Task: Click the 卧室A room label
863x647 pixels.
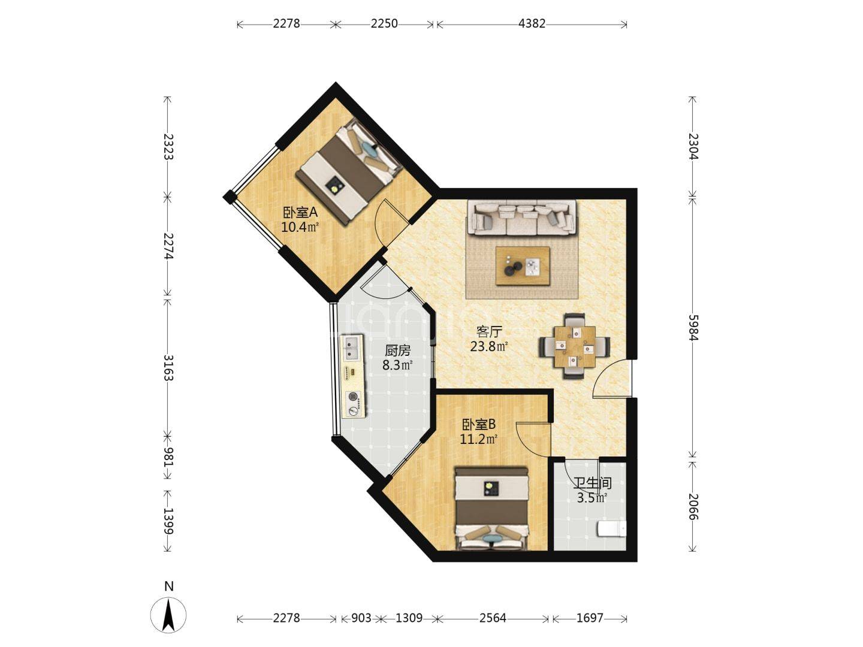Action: (x=300, y=213)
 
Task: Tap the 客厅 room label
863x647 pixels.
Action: (x=488, y=332)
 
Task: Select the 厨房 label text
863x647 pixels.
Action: (x=397, y=350)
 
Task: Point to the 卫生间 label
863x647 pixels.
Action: (x=592, y=483)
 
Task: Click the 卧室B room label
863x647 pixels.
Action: (x=478, y=424)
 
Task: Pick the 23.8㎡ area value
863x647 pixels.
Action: (x=488, y=346)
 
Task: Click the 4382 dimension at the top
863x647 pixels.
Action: (x=532, y=24)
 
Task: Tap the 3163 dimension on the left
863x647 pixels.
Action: (x=168, y=368)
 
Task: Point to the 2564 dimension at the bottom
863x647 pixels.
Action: (x=493, y=618)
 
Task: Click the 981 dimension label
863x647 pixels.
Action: (x=168, y=457)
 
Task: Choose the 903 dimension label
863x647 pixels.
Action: (x=361, y=618)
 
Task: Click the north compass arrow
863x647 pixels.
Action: (x=168, y=615)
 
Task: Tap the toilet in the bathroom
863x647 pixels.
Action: (x=611, y=529)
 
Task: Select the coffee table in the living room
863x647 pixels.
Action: (x=523, y=266)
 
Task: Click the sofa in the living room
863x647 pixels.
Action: (x=522, y=218)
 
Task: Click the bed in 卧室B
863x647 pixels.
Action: (x=491, y=508)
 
